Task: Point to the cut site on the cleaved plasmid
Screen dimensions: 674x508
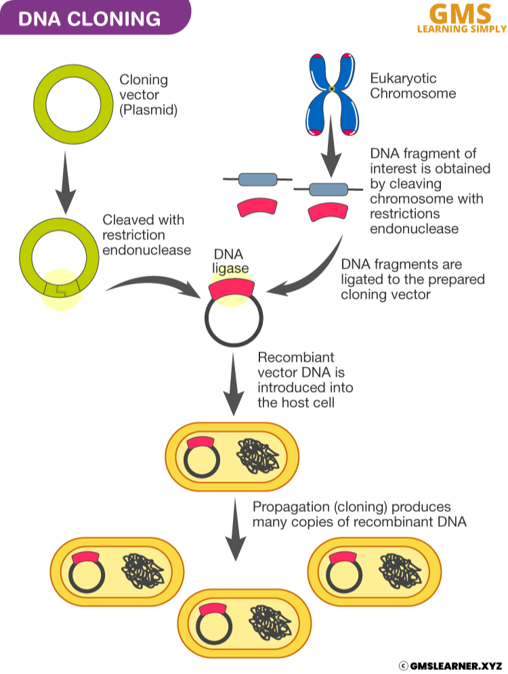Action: point(61,291)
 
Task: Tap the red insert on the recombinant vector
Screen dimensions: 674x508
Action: point(232,290)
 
